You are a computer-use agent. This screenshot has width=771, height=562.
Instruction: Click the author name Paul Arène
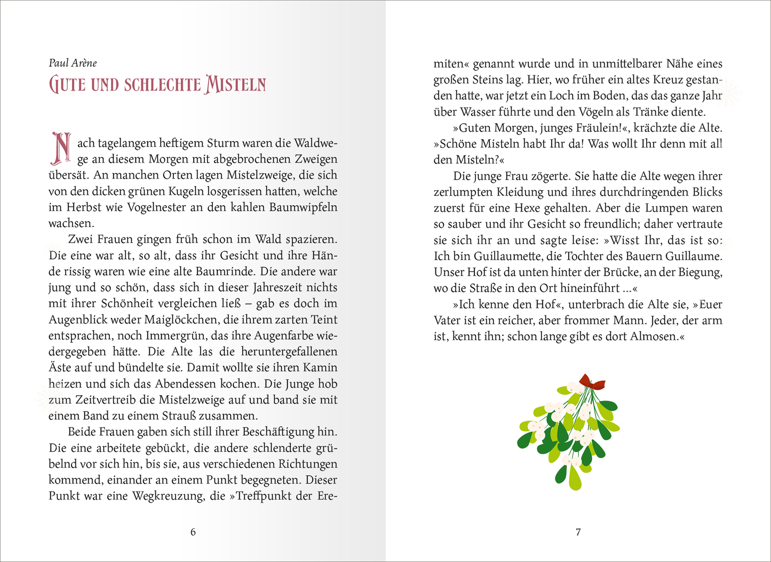click(x=73, y=63)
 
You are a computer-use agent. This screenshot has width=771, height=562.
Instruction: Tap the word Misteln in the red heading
click(x=235, y=85)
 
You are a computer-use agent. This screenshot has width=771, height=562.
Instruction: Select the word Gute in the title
click(x=67, y=85)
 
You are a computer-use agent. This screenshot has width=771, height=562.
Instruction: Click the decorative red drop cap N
click(x=61, y=148)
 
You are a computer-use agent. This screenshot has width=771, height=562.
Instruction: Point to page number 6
click(x=193, y=532)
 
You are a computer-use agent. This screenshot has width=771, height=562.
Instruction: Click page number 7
click(x=578, y=532)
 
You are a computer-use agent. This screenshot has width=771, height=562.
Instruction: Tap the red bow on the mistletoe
click(x=592, y=382)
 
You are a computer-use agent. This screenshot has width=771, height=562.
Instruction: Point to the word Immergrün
click(x=177, y=335)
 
